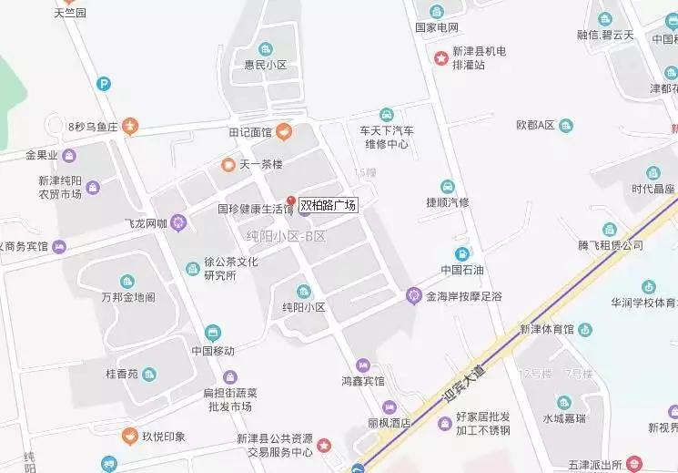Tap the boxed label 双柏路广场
(328, 206)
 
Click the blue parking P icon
(105, 84)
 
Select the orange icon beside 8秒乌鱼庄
(131, 126)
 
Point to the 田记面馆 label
(250, 133)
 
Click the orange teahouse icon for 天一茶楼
(228, 164)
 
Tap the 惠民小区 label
(265, 66)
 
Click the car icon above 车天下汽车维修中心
(387, 114)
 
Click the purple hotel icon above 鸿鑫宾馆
(363, 365)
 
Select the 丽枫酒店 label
(389, 423)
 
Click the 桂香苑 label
(121, 375)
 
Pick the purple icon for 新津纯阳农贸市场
(93, 188)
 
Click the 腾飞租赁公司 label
(611, 245)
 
